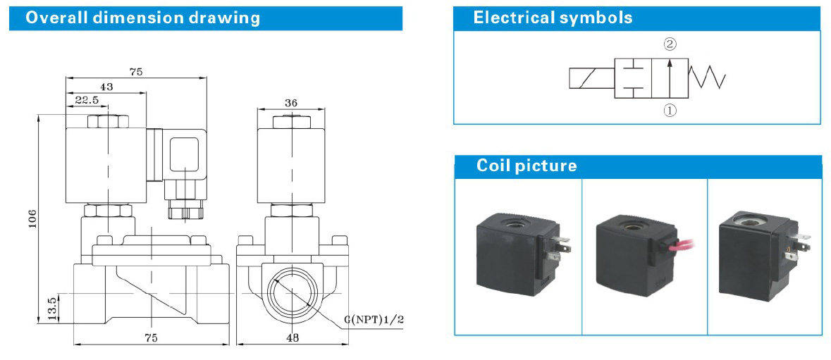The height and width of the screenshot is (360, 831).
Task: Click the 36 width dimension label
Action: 290,103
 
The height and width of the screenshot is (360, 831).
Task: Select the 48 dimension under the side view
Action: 292,337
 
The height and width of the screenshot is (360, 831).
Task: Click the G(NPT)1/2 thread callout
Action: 374,321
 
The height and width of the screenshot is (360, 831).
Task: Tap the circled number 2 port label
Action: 670,44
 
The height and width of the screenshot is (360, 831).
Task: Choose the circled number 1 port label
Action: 670,110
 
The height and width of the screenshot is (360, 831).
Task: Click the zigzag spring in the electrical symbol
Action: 708,77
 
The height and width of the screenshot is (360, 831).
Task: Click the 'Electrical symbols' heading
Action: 553,18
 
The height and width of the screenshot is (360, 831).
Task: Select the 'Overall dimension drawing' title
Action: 143,18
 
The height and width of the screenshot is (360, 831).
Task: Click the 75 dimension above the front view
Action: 136,71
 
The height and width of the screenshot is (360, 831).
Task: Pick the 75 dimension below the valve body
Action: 152,337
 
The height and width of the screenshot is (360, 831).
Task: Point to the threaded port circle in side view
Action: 292,291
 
